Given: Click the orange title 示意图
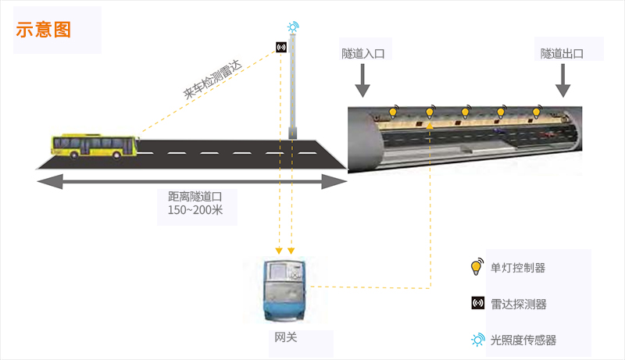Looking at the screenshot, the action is pos(44,30).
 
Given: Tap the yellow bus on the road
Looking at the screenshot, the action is pos(95,146).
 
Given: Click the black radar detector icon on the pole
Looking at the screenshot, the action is pos(281,48).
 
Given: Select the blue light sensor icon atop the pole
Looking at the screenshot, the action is pos(293,27).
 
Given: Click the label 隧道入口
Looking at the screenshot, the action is pos(363,54).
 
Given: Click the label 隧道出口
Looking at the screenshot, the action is pos(562,53).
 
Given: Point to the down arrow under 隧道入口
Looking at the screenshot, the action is pos(362,80).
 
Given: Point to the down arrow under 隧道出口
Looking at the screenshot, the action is pos(562,80).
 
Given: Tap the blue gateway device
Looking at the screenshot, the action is pos(284,290).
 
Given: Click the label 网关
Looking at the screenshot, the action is pos(286,337).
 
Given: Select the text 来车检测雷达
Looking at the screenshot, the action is pos(212,79).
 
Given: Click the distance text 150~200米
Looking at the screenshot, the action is pos(195,210).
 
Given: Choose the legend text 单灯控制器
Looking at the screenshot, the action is pos(518,268).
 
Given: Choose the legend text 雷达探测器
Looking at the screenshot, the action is pos(519,305).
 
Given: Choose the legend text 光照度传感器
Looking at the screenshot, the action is pos(523,340).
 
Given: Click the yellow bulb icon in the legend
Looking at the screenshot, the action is pos(477,267).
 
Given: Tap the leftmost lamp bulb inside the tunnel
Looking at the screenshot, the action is pos(393,112).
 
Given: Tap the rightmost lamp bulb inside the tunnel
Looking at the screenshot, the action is pos(537,112).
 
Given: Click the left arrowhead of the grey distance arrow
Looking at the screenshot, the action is pos(50,182).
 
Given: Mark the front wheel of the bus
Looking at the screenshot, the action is pos(116,155).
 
